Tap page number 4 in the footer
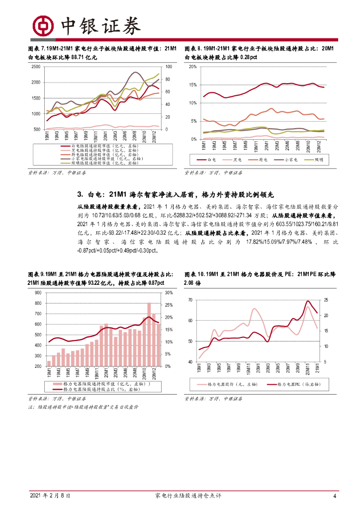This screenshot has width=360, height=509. pyautogui.click(x=335, y=496)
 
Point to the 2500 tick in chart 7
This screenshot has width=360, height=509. pyautogui.click(x=35, y=67)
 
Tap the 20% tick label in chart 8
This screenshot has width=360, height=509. pyautogui.click(x=194, y=67)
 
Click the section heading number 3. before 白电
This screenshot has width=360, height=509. pyautogui.click(x=80, y=194)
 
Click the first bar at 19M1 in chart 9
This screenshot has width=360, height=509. pyautogui.click(x=49, y=363)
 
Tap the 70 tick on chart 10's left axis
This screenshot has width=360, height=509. pyautogui.click(x=190, y=300)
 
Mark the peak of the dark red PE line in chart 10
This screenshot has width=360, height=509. pyautogui.click(x=308, y=301)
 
